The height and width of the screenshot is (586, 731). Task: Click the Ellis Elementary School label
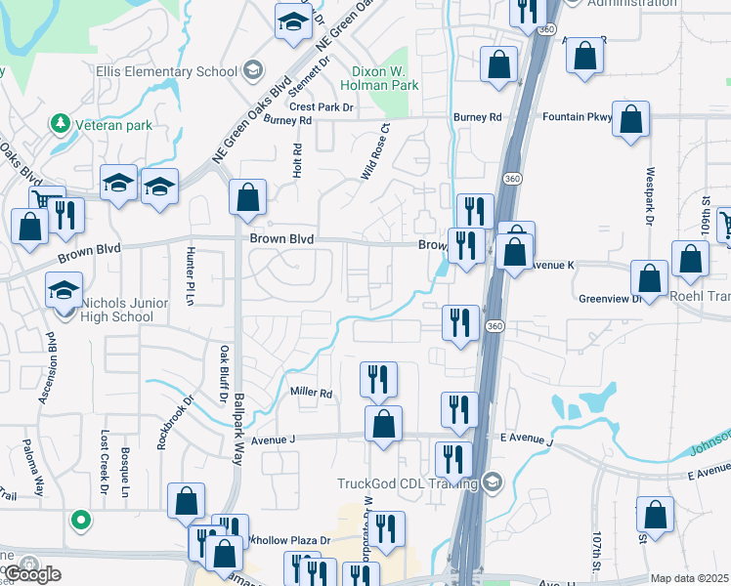(x=166, y=70)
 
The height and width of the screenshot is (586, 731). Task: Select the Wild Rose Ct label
(x=375, y=149)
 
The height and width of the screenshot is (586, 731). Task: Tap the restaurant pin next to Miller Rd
(x=378, y=379)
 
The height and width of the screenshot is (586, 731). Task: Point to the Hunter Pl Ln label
(x=191, y=275)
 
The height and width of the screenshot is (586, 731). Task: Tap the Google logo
(x=31, y=573)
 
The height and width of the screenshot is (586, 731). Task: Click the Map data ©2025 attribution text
(x=689, y=578)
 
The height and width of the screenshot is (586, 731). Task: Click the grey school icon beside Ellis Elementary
(x=252, y=68)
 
